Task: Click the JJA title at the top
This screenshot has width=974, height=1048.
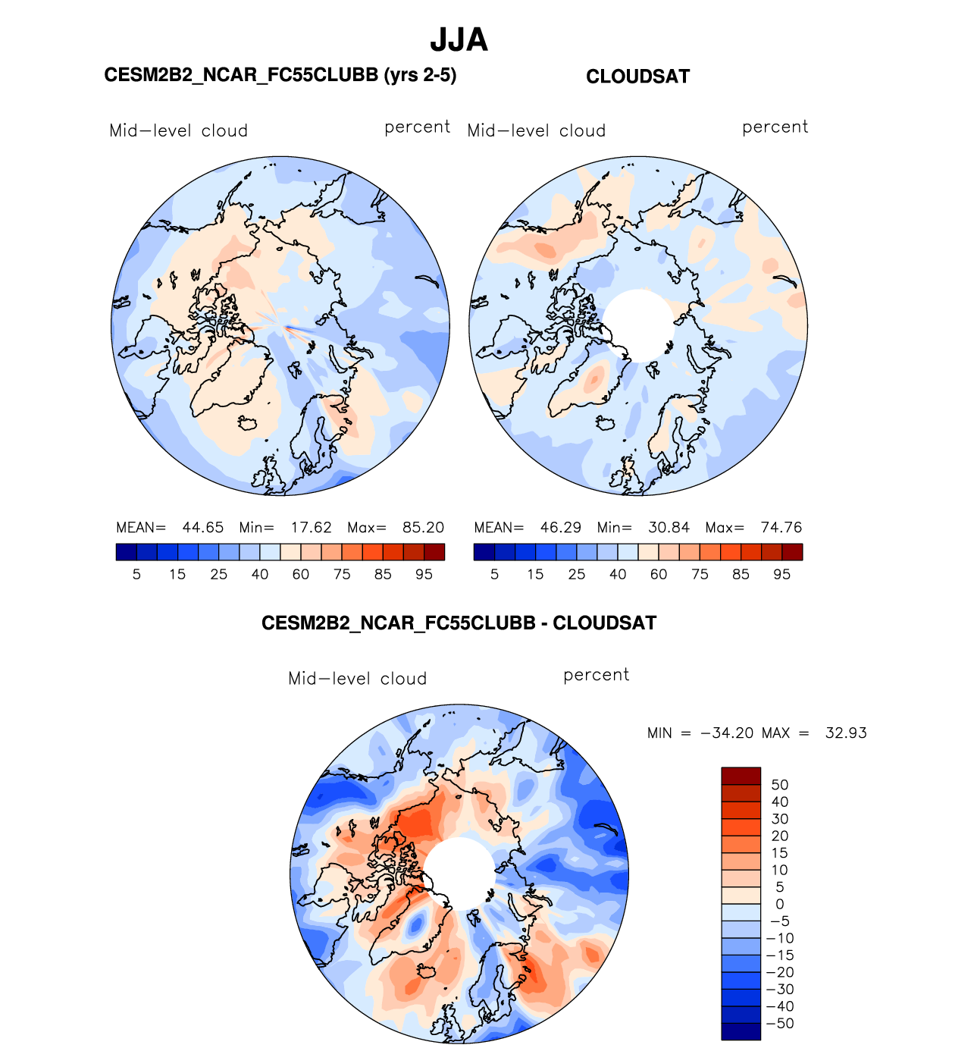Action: (x=459, y=40)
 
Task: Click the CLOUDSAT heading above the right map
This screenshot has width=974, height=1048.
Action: (x=637, y=77)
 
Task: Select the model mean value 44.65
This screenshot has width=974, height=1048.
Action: (x=202, y=528)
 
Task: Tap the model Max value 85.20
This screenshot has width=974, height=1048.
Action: (x=423, y=528)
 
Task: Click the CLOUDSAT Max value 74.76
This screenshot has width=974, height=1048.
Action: (x=781, y=528)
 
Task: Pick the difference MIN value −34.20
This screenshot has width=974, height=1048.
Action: (x=727, y=733)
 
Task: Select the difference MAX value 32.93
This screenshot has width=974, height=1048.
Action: (x=846, y=733)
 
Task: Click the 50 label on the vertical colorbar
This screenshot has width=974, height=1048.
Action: (x=779, y=785)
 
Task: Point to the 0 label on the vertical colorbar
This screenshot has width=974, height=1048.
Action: (x=779, y=904)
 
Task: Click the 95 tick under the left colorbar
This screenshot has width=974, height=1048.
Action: (x=424, y=575)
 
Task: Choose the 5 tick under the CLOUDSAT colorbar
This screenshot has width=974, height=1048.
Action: (x=494, y=575)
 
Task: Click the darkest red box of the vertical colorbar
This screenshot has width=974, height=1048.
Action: (x=741, y=776)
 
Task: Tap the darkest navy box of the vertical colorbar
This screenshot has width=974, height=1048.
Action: (x=741, y=1031)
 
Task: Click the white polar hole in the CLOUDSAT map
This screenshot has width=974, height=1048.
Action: (x=638, y=325)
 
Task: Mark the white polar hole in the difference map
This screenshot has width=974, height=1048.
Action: (x=459, y=872)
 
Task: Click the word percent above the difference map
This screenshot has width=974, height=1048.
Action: (x=596, y=675)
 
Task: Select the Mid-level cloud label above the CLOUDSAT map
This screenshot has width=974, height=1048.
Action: (x=537, y=131)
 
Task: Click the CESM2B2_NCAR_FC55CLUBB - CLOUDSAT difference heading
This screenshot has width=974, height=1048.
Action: (x=459, y=623)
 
